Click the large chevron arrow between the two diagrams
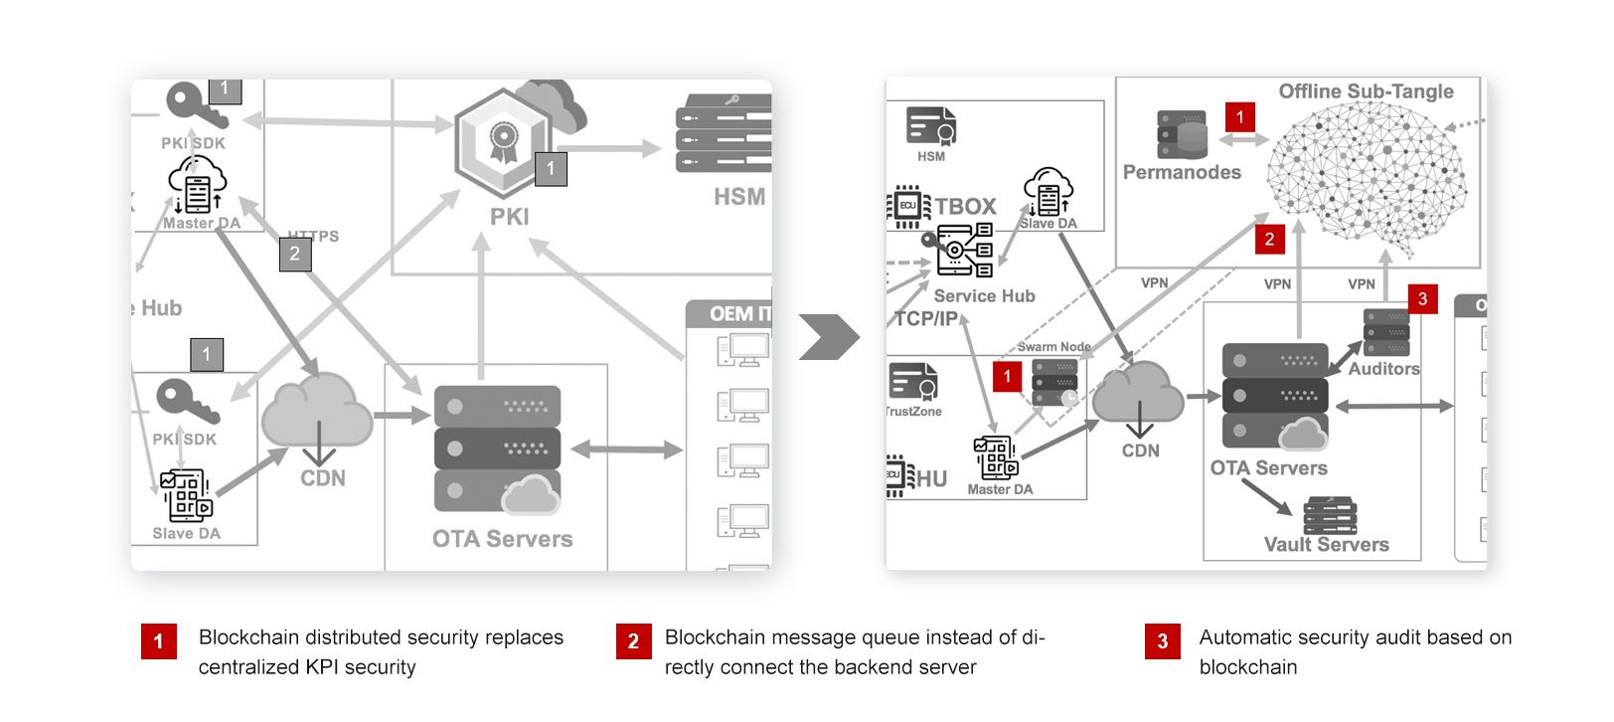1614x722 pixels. point(829,337)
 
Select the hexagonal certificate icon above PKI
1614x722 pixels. point(503,141)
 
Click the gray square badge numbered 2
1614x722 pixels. point(294,254)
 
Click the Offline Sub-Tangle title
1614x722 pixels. point(1366,91)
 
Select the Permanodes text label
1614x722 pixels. point(1182,172)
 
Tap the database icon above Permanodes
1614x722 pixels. point(1182,134)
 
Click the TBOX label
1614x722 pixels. point(965,206)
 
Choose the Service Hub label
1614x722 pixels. point(984,295)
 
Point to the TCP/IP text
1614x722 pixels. point(925,318)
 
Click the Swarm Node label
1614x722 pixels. point(1053,347)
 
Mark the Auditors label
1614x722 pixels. point(1383,369)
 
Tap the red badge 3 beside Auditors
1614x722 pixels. point(1422,298)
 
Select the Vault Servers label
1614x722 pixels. point(1326,544)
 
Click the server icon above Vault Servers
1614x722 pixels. point(1330,515)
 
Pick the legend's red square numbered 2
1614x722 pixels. point(633,641)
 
